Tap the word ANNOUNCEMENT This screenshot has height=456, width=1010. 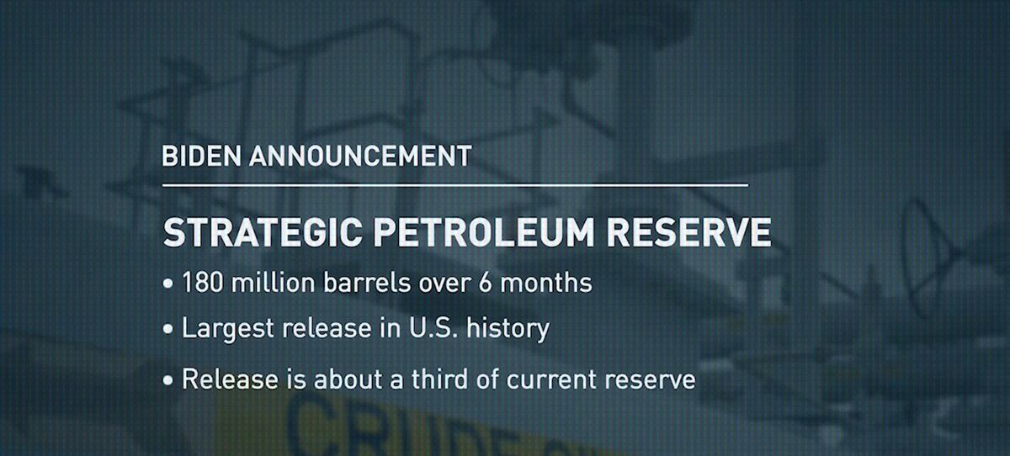[x=360, y=156]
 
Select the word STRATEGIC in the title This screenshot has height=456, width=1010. [x=263, y=232]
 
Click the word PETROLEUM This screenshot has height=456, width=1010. [x=483, y=232]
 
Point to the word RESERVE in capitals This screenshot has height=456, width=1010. [x=688, y=232]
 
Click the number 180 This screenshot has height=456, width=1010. [x=203, y=283]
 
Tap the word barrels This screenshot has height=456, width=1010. [x=367, y=283]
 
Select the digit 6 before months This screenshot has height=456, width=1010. [x=485, y=283]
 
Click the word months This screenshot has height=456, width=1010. [x=546, y=283]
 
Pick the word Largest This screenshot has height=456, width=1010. [x=228, y=329]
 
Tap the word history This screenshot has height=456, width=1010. [x=508, y=329]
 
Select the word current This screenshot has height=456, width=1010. [x=552, y=379]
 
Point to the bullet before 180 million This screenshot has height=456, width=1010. [x=168, y=284]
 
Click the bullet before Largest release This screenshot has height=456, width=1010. [x=168, y=329]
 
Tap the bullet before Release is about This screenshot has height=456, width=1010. [x=168, y=380]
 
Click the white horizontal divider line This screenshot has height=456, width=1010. [x=455, y=185]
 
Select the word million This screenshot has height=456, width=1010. [x=274, y=283]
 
